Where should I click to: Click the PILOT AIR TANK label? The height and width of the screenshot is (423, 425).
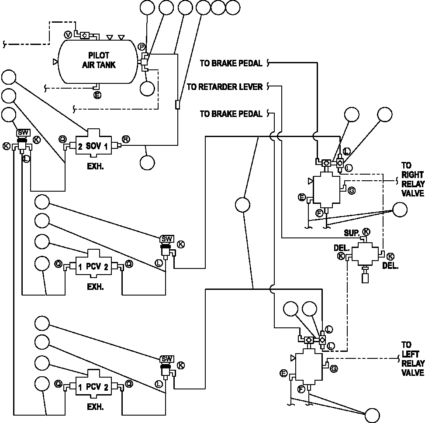click(x=99, y=60)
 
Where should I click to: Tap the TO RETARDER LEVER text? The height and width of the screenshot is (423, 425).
click(x=225, y=87)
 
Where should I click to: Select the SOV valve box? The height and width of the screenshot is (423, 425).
click(x=93, y=143)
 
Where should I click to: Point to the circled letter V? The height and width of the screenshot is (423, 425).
click(x=68, y=34)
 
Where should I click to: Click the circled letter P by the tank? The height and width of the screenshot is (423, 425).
click(x=142, y=47)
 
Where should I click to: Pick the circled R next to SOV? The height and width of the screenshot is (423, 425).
click(x=126, y=139)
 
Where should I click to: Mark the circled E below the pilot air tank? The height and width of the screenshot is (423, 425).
click(x=97, y=95)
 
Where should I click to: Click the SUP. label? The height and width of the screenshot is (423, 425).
click(x=352, y=233)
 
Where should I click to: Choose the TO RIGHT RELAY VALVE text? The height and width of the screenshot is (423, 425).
click(x=412, y=179)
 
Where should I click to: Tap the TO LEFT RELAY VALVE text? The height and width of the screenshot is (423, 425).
click(x=412, y=358)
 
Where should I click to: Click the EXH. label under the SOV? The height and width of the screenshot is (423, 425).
click(x=95, y=166)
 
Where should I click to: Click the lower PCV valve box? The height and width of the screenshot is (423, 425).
click(x=93, y=384)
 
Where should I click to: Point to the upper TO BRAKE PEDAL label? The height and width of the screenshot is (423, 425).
click(x=231, y=63)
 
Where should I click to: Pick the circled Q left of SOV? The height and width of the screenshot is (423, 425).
click(x=62, y=139)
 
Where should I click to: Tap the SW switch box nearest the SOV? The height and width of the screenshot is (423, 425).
click(x=24, y=133)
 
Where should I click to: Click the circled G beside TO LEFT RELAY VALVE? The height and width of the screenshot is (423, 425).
click(x=334, y=368)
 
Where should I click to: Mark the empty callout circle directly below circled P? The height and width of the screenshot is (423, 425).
click(x=148, y=88)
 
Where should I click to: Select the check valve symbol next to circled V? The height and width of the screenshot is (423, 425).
click(x=85, y=35)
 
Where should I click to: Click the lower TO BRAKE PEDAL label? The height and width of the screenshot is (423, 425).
click(x=231, y=114)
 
